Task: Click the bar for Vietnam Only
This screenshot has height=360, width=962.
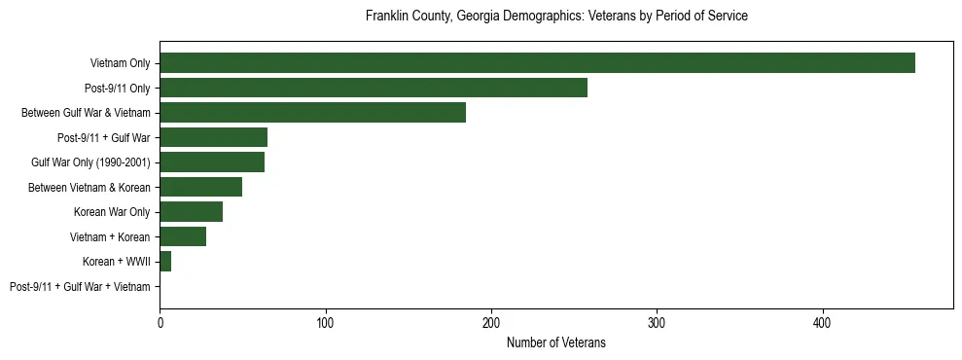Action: tap(537, 63)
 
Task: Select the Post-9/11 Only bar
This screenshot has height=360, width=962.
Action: tap(374, 88)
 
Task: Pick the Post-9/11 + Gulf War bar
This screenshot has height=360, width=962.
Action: tap(213, 137)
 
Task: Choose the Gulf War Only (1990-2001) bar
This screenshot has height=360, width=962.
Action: tap(212, 162)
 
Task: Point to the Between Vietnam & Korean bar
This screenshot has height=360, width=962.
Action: tap(200, 187)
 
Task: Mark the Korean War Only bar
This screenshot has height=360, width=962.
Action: tap(191, 212)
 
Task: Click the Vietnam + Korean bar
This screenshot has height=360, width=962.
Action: tap(183, 236)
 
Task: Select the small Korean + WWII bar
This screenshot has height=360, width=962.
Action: tap(165, 262)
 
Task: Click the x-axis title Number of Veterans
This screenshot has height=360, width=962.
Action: tap(555, 342)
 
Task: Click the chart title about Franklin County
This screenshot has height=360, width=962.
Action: tap(555, 17)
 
